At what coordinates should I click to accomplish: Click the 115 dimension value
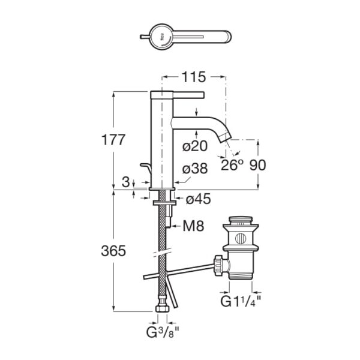194,77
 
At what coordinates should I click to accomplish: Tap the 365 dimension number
113,252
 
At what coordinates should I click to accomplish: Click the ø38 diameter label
195,169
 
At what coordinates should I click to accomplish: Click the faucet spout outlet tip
226,137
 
